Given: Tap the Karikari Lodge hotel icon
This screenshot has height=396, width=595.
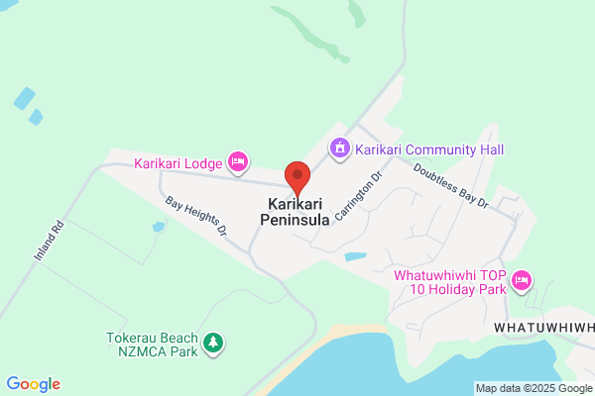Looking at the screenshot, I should [x=237, y=160].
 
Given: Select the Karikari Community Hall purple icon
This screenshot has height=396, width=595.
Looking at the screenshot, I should [x=340, y=148].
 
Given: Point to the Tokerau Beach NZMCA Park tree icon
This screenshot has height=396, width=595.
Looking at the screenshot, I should [x=212, y=344].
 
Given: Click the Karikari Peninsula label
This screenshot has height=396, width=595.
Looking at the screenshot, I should [x=295, y=212].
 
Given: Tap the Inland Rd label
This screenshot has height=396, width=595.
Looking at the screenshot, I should [x=48, y=241].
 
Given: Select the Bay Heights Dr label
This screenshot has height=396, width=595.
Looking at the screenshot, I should [x=196, y=215].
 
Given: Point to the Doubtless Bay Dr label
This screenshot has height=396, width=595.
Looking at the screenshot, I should [x=452, y=185].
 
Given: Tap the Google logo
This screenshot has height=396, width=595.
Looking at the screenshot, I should [x=33, y=384].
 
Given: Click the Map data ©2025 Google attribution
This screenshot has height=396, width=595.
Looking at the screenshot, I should [x=533, y=387].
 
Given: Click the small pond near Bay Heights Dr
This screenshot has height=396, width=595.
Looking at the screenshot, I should [x=159, y=227].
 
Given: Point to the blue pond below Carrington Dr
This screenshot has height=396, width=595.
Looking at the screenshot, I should [x=355, y=257].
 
